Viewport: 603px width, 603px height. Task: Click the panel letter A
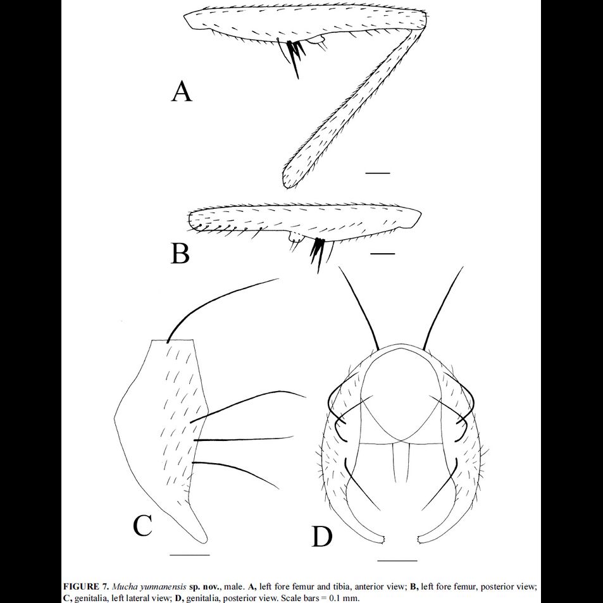(182, 92)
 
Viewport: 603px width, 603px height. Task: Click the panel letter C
(143, 525)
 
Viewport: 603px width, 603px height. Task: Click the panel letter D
(322, 537)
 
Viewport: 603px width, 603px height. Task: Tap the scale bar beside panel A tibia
(378, 172)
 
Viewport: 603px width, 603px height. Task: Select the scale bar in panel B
(382, 254)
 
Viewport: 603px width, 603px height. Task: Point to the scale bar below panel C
(190, 555)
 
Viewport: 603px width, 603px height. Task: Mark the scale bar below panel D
(397, 560)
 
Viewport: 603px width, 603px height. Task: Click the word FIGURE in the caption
(82, 587)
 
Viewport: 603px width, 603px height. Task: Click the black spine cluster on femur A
(295, 53)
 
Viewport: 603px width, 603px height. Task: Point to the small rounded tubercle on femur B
(295, 238)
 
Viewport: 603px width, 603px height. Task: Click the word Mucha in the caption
(124, 587)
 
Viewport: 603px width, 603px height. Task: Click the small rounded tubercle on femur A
(320, 42)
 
